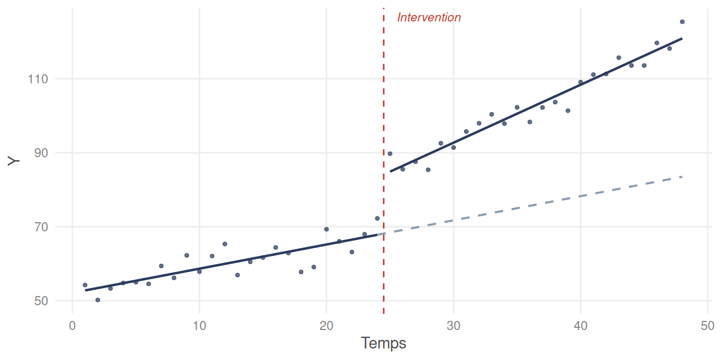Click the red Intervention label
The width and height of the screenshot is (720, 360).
(429, 18)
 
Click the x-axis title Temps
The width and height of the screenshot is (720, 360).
(384, 343)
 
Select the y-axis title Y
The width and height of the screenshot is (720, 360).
(14, 161)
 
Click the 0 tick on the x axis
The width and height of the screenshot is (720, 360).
(72, 325)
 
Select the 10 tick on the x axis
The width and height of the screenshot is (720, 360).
(199, 325)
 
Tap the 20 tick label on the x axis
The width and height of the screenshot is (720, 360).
(326, 325)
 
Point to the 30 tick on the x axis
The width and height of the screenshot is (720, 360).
(453, 325)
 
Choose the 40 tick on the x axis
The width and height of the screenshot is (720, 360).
(580, 325)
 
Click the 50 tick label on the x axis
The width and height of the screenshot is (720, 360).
(707, 325)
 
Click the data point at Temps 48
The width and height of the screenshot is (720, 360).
(682, 22)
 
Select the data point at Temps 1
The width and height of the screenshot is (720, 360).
(85, 285)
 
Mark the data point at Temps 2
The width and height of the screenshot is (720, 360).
(97, 300)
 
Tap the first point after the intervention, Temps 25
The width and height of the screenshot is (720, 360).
(390, 154)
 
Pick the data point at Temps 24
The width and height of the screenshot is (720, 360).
(377, 219)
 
